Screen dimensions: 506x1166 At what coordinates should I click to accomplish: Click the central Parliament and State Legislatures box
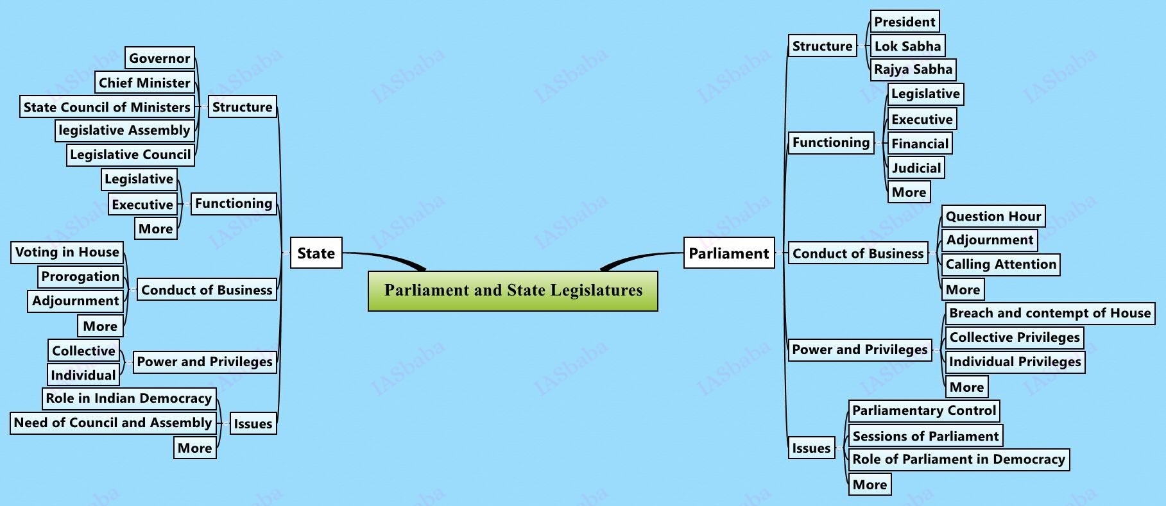(513, 291)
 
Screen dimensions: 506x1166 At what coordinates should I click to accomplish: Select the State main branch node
(316, 253)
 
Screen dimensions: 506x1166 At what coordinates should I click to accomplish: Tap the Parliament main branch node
(728, 253)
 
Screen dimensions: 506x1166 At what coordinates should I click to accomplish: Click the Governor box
(159, 58)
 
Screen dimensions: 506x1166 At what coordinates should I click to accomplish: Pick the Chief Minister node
(144, 83)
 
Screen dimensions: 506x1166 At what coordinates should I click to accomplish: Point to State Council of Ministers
(107, 107)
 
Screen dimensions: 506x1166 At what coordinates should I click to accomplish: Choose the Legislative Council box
(130, 155)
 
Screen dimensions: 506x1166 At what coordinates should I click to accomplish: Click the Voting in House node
(67, 252)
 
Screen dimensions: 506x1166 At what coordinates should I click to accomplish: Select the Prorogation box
(80, 276)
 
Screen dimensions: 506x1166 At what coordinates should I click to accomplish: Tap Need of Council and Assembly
(112, 423)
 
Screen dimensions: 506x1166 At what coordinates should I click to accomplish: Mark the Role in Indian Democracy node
(128, 398)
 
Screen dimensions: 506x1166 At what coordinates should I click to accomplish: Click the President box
(904, 22)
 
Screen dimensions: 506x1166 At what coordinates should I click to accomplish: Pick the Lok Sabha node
(907, 46)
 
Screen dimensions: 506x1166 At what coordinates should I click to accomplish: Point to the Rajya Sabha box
(913, 69)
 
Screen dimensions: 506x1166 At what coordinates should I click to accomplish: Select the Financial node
(919, 144)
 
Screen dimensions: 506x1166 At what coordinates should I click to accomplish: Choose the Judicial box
(916, 168)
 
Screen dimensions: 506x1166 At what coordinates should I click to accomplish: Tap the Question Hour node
(993, 216)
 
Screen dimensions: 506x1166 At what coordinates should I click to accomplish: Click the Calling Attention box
(1000, 264)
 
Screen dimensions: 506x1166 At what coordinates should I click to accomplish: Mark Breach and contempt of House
(1049, 313)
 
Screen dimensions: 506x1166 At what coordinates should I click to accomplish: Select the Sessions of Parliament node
(925, 436)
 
